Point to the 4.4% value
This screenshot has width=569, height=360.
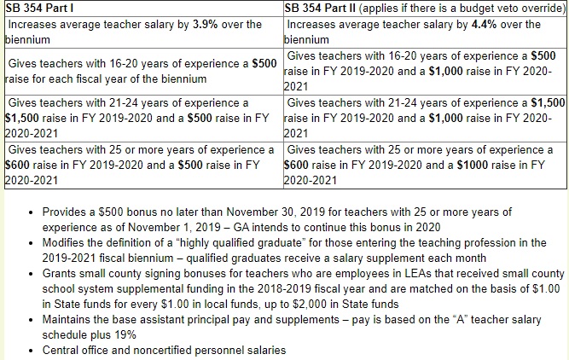click(484, 24)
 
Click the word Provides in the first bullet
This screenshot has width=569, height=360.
click(65, 211)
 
